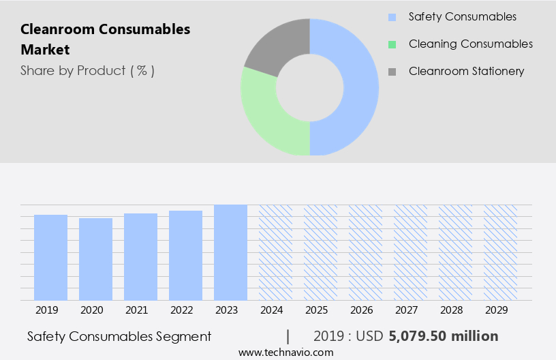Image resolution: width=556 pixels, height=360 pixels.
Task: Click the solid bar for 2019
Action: (x=50, y=257)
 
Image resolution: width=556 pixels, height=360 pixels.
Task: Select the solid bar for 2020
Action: (x=95, y=259)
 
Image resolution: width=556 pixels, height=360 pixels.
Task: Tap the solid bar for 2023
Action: (x=230, y=252)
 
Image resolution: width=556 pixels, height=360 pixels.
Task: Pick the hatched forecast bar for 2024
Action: (x=275, y=252)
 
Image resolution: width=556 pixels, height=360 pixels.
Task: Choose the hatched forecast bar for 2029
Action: (x=500, y=252)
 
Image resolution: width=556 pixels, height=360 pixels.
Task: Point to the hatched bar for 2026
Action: (x=365, y=252)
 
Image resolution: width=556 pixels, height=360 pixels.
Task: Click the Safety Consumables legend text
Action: (x=462, y=16)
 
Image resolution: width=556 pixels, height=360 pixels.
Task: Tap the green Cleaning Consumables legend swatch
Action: (x=391, y=44)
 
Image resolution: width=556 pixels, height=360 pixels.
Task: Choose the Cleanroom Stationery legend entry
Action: (x=466, y=71)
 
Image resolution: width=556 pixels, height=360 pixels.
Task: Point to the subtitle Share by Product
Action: (x=87, y=70)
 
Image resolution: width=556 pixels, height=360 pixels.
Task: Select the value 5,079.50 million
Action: (x=444, y=336)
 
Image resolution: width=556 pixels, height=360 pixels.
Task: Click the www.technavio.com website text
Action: (x=286, y=352)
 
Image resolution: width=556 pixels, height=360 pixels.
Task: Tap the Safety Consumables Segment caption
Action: (x=119, y=336)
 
